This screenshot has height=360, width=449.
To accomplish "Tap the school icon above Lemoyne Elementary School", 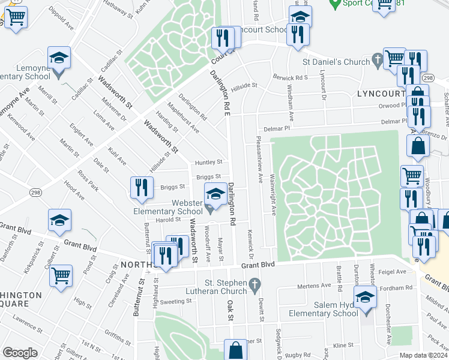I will pyautogui.click(x=59, y=58).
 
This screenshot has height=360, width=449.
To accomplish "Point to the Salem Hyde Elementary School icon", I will pyautogui.click(x=365, y=297).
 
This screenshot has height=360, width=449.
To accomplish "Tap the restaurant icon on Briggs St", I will pyautogui.click(x=141, y=187).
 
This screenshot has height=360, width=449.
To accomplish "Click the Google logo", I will pyautogui.click(x=20, y=353).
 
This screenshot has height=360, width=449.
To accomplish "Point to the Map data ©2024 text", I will pyautogui.click(x=423, y=355).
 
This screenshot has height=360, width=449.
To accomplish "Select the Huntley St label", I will pyautogui.click(x=208, y=163).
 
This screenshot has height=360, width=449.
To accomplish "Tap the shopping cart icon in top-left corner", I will pyautogui.click(x=16, y=17).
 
